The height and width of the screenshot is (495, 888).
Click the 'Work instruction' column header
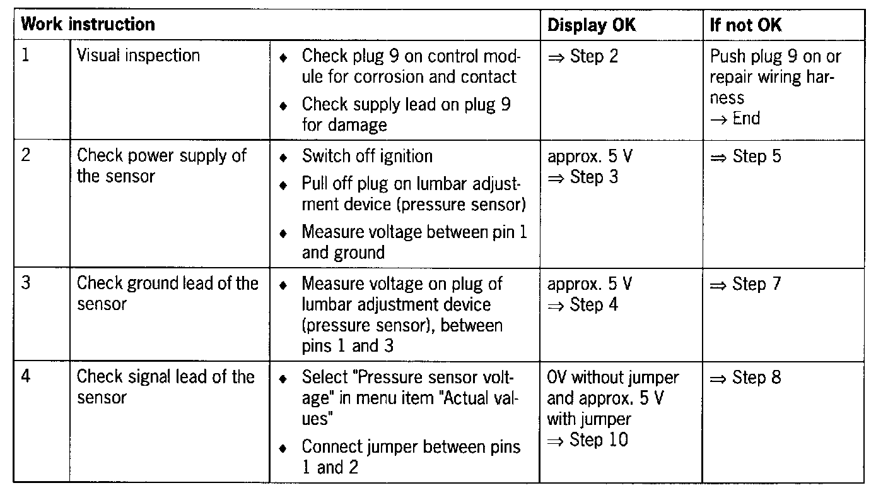(88, 25)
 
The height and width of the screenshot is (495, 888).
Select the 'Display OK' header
(592, 25)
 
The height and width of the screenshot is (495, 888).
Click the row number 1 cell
(26, 56)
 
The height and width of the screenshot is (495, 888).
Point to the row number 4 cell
(26, 377)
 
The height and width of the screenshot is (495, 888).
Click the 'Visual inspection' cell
(138, 56)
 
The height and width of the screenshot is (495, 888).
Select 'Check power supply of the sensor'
(161, 165)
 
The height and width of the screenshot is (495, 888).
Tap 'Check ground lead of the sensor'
(167, 294)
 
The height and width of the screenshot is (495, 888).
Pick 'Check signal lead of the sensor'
(165, 387)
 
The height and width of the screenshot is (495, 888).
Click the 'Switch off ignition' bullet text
(367, 156)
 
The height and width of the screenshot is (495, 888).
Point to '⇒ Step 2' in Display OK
(583, 56)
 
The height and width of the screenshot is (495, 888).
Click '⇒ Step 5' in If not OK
(745, 156)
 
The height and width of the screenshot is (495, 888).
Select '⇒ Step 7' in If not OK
(745, 285)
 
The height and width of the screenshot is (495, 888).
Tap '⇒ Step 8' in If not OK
(745, 378)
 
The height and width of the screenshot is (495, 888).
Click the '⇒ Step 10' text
(588, 439)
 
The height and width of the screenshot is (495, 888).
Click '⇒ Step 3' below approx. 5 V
(583, 177)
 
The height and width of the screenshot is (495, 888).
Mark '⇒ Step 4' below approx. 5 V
(583, 305)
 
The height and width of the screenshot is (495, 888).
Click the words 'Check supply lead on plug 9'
(406, 104)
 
